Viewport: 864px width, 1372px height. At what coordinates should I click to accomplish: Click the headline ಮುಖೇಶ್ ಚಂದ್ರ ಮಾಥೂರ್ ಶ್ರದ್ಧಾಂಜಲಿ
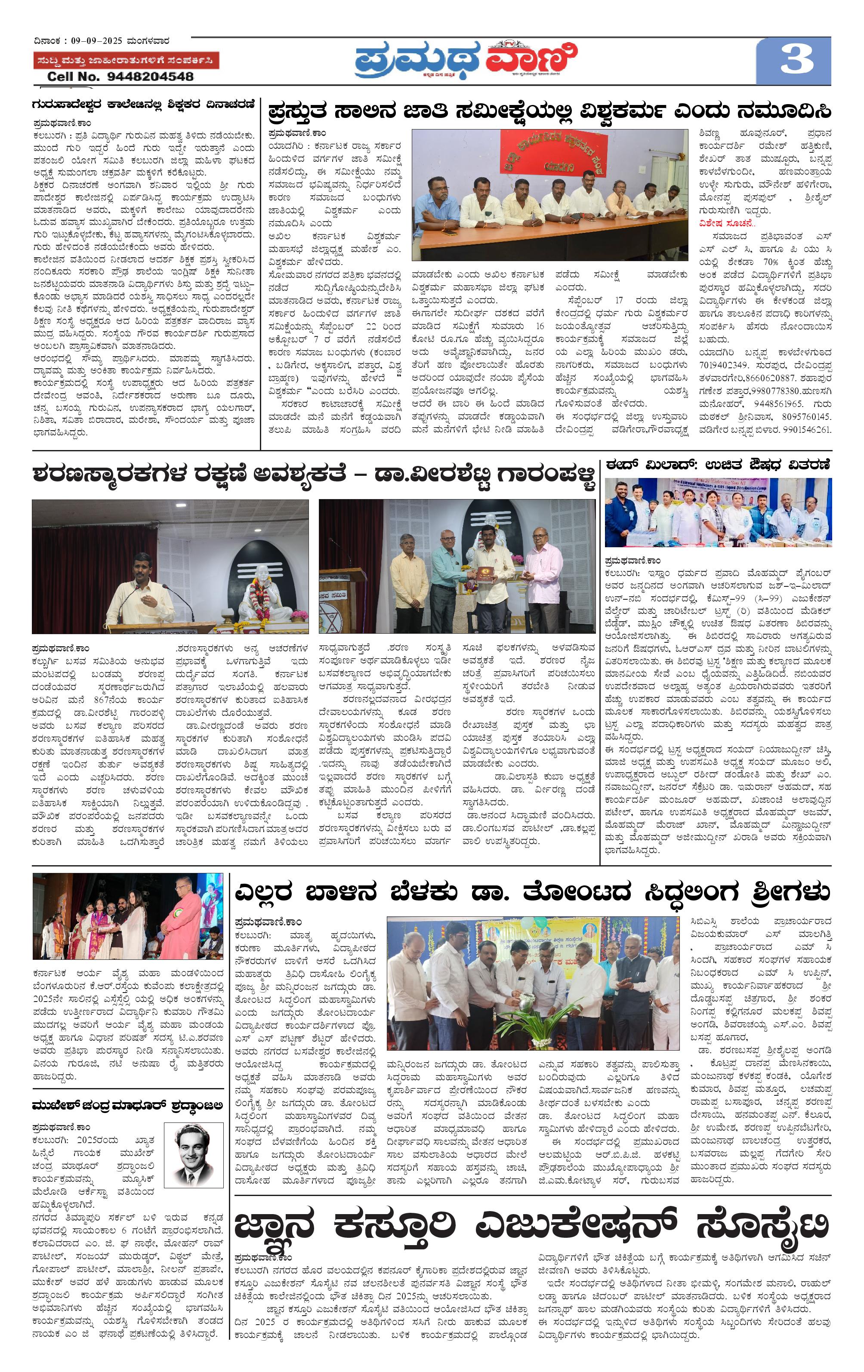tap(127, 1107)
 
